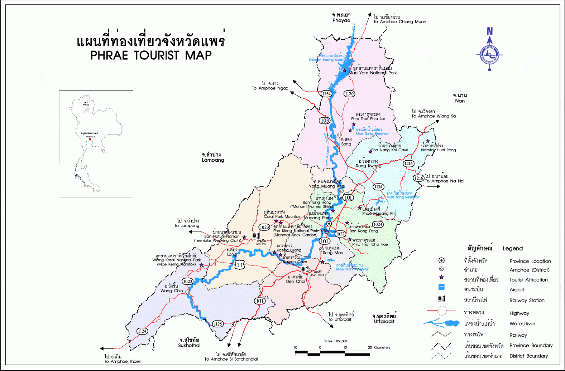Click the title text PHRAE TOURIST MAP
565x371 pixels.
tap(151, 55)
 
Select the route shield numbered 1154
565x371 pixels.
tap(326, 94)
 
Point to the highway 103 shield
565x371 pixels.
tap(325, 121)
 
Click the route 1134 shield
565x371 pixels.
tap(378, 187)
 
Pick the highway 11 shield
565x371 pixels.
tap(240, 265)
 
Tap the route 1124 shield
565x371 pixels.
tap(142, 331)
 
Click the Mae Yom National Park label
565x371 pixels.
tap(373, 73)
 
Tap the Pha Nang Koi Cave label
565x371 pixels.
tap(389, 150)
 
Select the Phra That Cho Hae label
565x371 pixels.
tap(370, 244)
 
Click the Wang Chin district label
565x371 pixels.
tap(171, 291)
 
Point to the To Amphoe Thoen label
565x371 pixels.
tap(123, 361)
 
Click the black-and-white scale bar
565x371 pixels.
tap(332, 353)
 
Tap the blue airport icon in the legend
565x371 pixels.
tap(441, 287)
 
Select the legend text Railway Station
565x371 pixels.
tap(527, 301)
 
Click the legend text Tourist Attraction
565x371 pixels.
tap(528, 280)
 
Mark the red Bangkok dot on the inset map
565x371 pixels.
tap(90, 139)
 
